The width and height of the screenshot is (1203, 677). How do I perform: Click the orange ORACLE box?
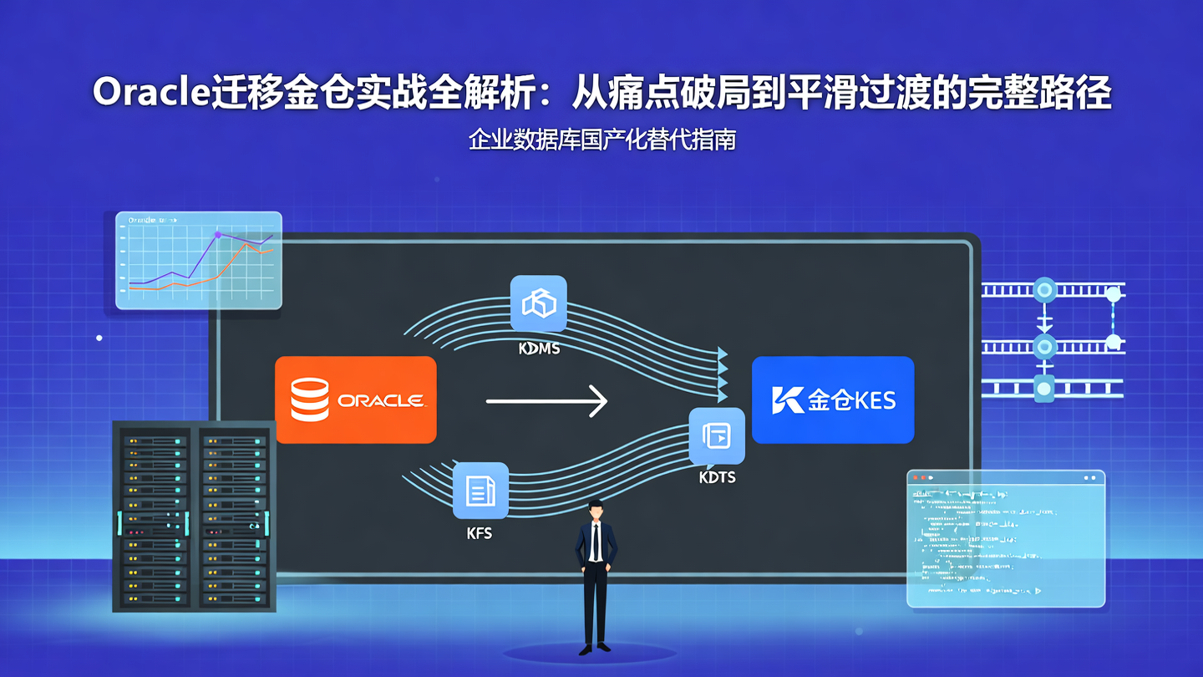pos(355,400)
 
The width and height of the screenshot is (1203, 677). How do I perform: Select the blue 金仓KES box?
pos(833,400)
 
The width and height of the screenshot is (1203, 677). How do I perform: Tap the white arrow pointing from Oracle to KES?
pos(546,401)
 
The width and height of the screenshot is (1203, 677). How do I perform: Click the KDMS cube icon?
pos(539,303)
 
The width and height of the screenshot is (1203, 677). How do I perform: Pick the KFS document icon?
pos(480,491)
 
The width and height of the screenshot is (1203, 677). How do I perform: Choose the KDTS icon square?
pos(717,435)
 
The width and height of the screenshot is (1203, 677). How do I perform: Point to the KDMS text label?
pos(539,348)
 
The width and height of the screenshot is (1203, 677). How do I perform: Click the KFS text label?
pos(480,533)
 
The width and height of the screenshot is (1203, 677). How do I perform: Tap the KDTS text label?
pos(717,478)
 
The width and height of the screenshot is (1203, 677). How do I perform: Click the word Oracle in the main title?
pos(150,93)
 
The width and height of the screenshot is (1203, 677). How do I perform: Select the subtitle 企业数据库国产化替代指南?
pos(601,140)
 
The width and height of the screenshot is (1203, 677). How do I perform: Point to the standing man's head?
pos(595,509)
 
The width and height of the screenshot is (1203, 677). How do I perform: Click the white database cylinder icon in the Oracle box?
pos(310,400)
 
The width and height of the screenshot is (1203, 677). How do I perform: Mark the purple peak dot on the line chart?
pos(218,235)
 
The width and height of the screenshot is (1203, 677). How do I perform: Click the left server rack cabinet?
pos(155,516)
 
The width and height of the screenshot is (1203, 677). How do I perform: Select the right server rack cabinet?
pos(234,516)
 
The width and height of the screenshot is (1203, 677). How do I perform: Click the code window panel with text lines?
pos(1006,543)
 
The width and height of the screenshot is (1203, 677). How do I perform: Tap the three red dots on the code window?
pos(921,478)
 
